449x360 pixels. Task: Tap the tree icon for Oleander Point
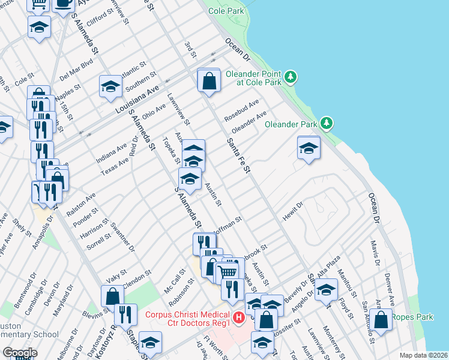coord(291,77)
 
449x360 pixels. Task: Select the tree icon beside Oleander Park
coord(327,124)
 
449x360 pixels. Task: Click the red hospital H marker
coord(238,317)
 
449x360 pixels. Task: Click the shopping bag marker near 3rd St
coord(208,81)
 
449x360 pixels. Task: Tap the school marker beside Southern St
coord(111,87)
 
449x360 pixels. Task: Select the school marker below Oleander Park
coord(309,148)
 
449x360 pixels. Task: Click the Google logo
coord(20,353)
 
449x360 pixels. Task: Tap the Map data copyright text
coord(424,355)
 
